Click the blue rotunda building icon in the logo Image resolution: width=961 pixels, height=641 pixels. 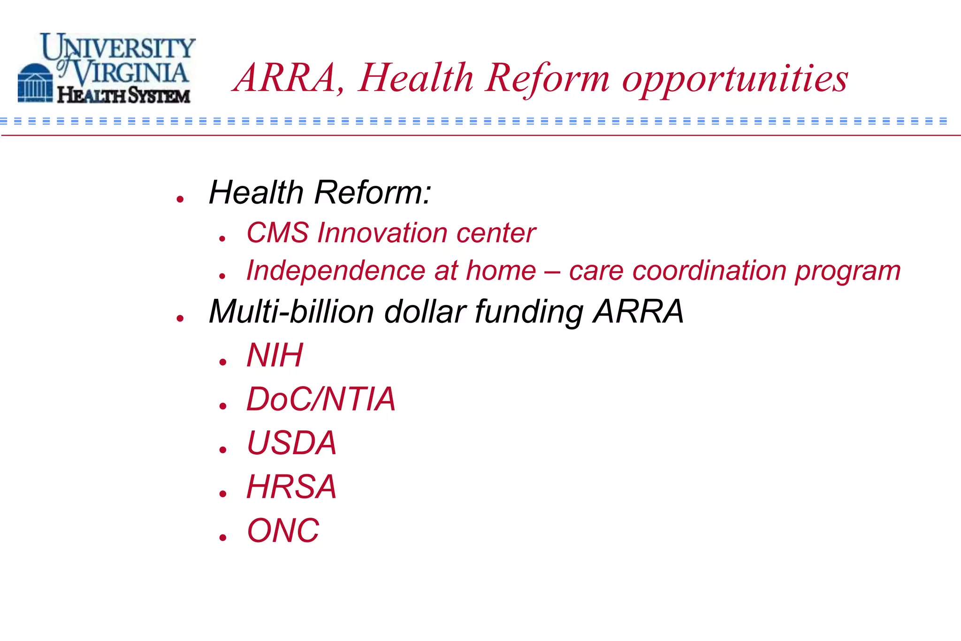(x=35, y=83)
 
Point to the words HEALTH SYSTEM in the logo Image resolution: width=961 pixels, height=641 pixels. (x=123, y=95)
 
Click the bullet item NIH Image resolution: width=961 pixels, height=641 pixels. (x=275, y=355)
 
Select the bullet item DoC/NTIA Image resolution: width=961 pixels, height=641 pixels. (x=321, y=399)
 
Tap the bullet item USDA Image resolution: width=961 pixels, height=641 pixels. (x=291, y=443)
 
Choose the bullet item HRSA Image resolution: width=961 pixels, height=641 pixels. (x=291, y=487)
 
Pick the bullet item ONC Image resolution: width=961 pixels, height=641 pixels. (x=283, y=531)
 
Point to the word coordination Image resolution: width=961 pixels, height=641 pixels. (x=709, y=271)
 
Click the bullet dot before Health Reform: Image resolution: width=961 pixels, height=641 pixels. (x=180, y=199)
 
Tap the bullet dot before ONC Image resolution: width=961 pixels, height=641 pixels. (x=223, y=538)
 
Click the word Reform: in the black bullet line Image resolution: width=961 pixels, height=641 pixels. (x=373, y=192)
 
